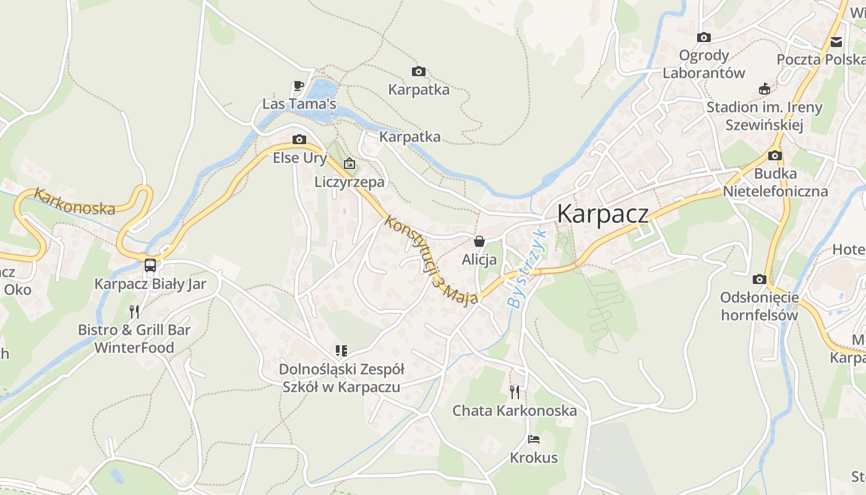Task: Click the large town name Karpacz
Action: (x=603, y=214)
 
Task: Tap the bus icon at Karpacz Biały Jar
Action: (x=150, y=265)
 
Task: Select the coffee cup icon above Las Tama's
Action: (x=299, y=86)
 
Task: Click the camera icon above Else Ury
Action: (x=299, y=140)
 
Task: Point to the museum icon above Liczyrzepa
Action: (x=349, y=164)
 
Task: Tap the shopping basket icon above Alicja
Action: (x=479, y=241)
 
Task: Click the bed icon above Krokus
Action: (x=534, y=440)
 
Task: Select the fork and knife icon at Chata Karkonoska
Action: (x=514, y=392)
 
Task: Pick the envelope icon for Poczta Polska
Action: (x=836, y=42)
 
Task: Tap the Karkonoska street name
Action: (x=74, y=202)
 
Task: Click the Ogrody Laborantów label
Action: (x=704, y=64)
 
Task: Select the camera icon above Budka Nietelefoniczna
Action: (x=775, y=155)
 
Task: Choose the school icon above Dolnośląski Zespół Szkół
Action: (x=341, y=351)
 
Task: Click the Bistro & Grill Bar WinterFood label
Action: (x=134, y=338)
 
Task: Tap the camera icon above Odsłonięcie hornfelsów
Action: (x=760, y=280)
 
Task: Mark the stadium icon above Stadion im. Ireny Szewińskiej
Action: (x=765, y=88)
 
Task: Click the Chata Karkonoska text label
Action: (x=514, y=410)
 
